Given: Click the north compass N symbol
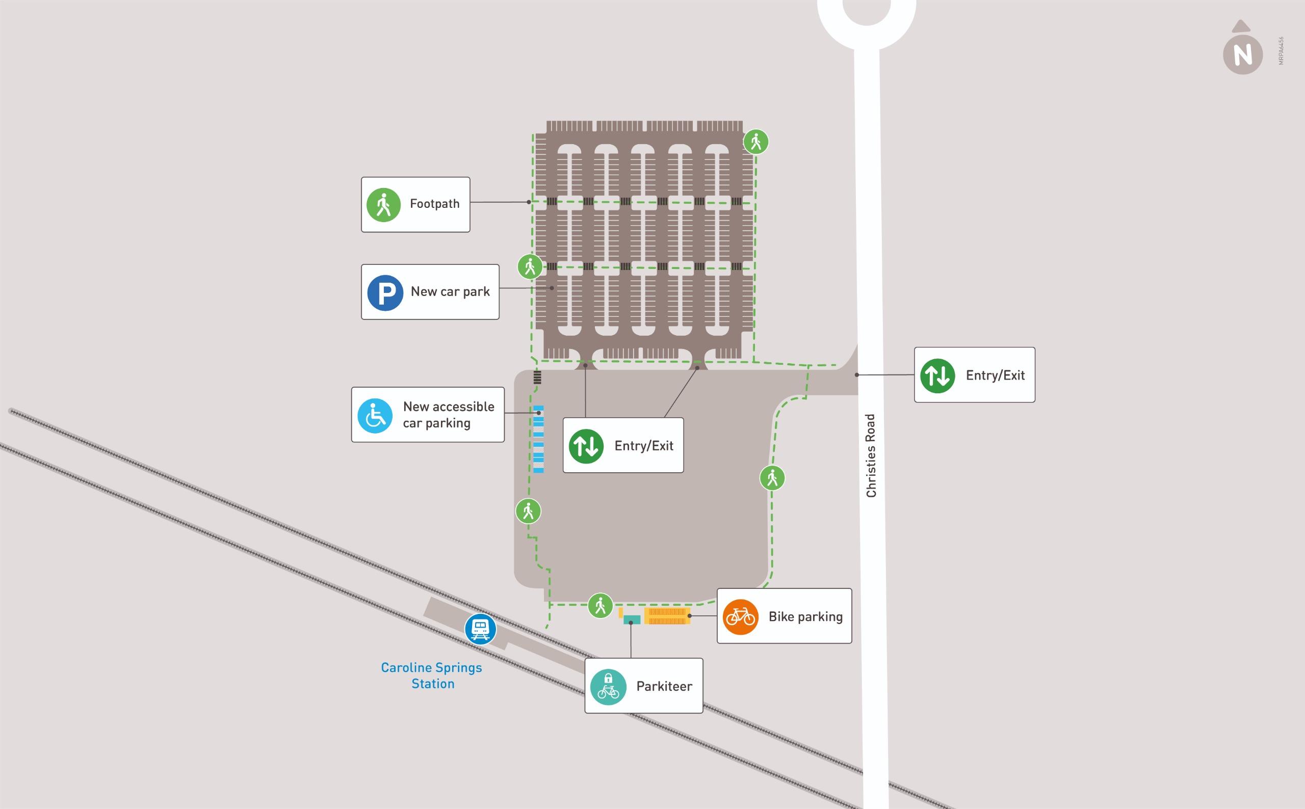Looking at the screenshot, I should coord(1242,55).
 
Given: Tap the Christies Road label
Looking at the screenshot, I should coord(871,455).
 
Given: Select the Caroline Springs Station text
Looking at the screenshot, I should coord(431,675).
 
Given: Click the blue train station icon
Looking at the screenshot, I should coord(480,628).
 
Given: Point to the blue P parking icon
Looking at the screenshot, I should coord(385,292).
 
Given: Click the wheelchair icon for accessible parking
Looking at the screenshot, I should coord(375,415).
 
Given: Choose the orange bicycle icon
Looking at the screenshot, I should coord(740,617).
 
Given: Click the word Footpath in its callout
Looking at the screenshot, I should coord(435,204).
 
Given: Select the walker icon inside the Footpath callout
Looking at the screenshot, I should coord(383,204).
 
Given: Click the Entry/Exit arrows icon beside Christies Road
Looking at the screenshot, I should coord(937,375).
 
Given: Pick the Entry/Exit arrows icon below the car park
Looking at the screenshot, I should coord(586,446).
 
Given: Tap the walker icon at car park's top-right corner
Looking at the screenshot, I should coord(756,142).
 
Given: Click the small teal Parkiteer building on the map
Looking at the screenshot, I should coord(632,619).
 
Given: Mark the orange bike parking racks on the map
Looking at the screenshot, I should coord(666,616).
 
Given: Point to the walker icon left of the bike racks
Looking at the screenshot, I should coord(600,606).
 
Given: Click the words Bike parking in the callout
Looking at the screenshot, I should coord(805,617).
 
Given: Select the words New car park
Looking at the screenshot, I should coord(450,291).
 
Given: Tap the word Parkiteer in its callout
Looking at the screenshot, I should coord(664,686).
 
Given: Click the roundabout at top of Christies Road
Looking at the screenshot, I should coord(866,16).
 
